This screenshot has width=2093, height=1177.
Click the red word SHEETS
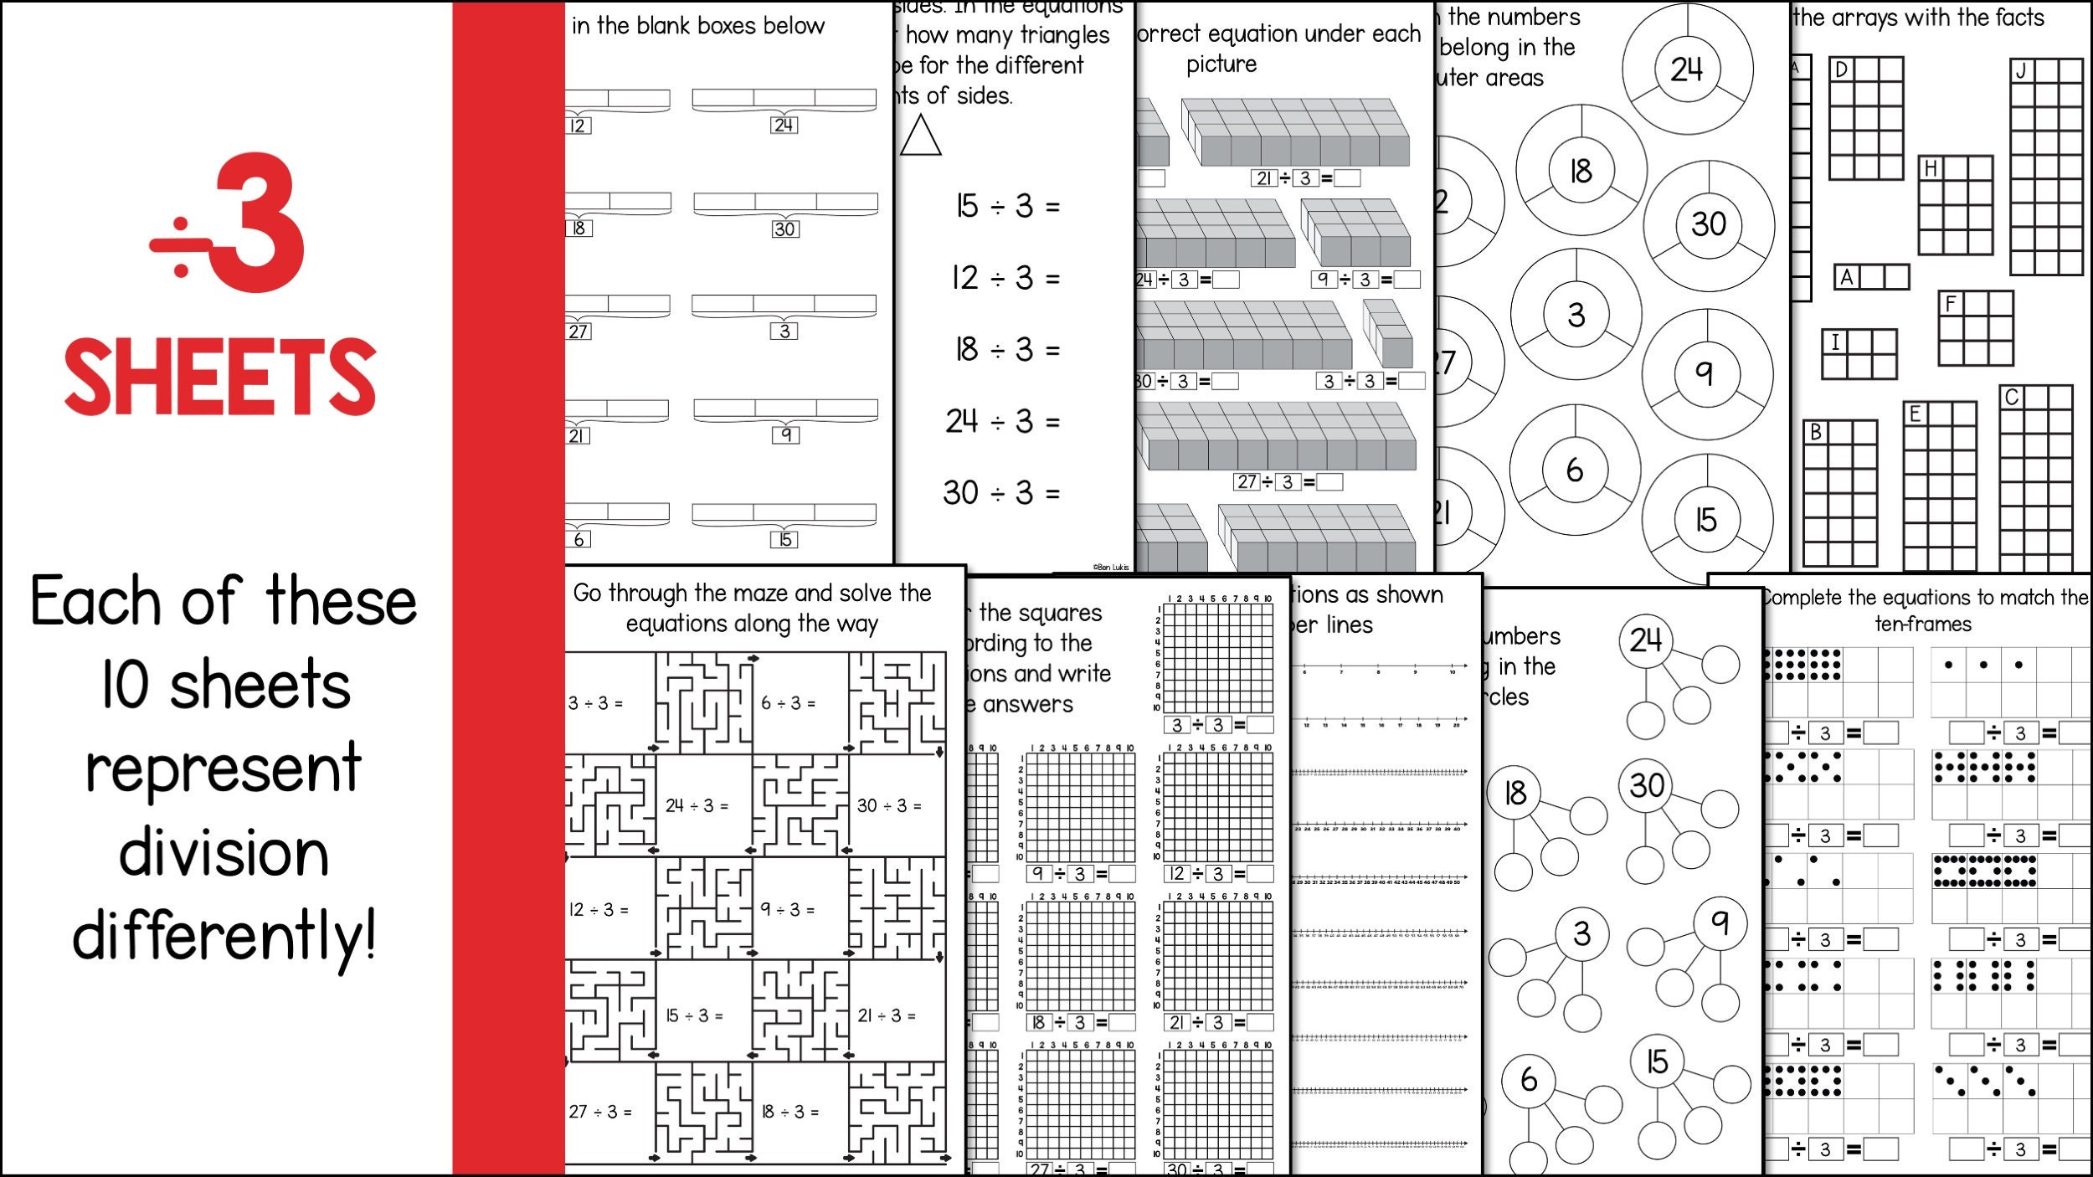[x=220, y=377]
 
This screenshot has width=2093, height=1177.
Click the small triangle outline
[x=920, y=136]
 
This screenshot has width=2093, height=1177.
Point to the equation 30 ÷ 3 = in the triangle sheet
[x=1001, y=492]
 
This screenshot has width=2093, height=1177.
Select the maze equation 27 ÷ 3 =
[x=599, y=1112]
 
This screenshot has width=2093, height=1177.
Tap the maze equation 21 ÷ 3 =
[x=886, y=1015]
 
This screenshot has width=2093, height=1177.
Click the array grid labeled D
[x=1866, y=119]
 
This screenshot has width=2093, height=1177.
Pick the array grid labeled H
[x=1956, y=206]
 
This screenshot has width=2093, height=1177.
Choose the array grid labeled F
[x=1976, y=328]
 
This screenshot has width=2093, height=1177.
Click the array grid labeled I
[x=1859, y=354]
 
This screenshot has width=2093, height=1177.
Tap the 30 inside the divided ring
[x=1709, y=224]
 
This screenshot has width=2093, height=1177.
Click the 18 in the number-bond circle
[x=1516, y=793]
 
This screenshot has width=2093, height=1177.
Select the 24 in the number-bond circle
[x=1646, y=640]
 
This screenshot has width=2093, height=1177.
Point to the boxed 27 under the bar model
[x=579, y=332]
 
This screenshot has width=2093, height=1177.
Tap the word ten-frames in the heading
[x=1923, y=624]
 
